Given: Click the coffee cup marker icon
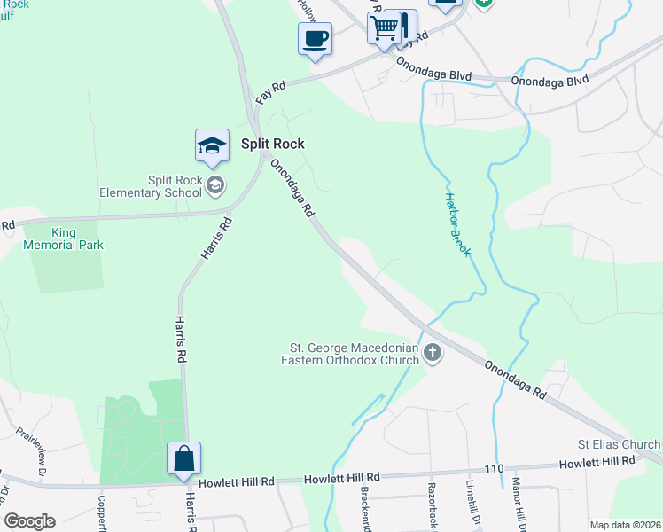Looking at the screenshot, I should (x=315, y=39).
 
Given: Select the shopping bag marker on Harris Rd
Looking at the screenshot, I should (x=183, y=458).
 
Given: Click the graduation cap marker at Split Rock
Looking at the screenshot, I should (x=213, y=145).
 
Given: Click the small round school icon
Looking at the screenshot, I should (x=214, y=184).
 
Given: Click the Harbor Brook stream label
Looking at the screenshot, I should (x=457, y=225).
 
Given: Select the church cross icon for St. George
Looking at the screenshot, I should (x=433, y=354).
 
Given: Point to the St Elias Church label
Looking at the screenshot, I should (x=620, y=444).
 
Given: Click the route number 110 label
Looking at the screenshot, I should (x=494, y=468).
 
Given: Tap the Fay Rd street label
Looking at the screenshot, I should (x=270, y=90).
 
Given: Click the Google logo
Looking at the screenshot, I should (x=29, y=520).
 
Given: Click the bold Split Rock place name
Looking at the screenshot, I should (x=273, y=144).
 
